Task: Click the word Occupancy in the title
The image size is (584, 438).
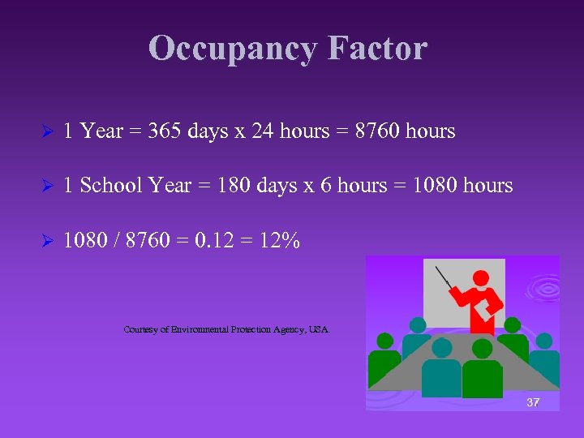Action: click(x=234, y=49)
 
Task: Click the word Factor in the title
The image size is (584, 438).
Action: click(x=377, y=49)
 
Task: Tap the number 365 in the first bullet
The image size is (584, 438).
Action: click(x=164, y=131)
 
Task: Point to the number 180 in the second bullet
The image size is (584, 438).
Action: click(x=217, y=186)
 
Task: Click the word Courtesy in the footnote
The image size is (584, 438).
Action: click(x=142, y=329)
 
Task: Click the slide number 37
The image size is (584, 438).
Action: click(x=533, y=402)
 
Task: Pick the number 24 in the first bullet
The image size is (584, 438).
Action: click(x=262, y=131)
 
